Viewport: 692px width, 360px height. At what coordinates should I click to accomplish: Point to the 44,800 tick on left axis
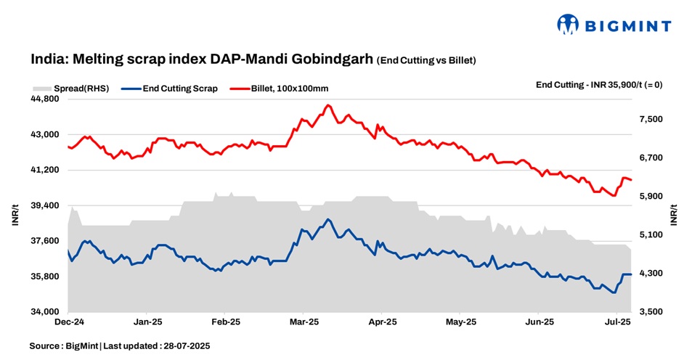pos(46,99)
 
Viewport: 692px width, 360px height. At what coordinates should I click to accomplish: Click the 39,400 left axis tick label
pos(46,206)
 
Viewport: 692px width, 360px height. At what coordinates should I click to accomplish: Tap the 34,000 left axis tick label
pos(46,312)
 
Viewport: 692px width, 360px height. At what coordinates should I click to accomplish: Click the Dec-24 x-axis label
pos(68,321)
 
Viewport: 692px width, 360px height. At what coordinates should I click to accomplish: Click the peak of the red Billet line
pos(328,106)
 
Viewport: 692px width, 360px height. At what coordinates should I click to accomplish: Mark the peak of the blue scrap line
pos(328,219)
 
